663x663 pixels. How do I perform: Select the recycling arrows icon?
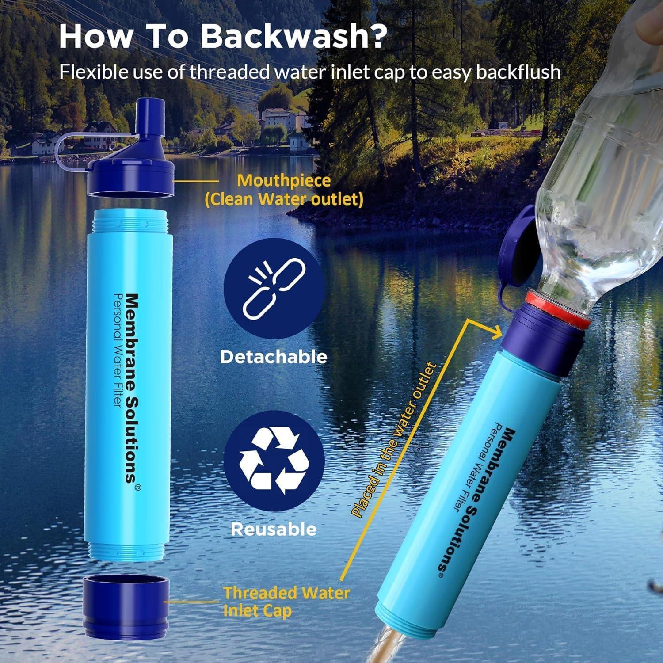point(274,461)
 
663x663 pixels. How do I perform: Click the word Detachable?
point(274,357)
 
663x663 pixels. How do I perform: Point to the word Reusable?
point(274,529)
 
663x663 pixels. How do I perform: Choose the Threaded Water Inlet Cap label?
point(286,602)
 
